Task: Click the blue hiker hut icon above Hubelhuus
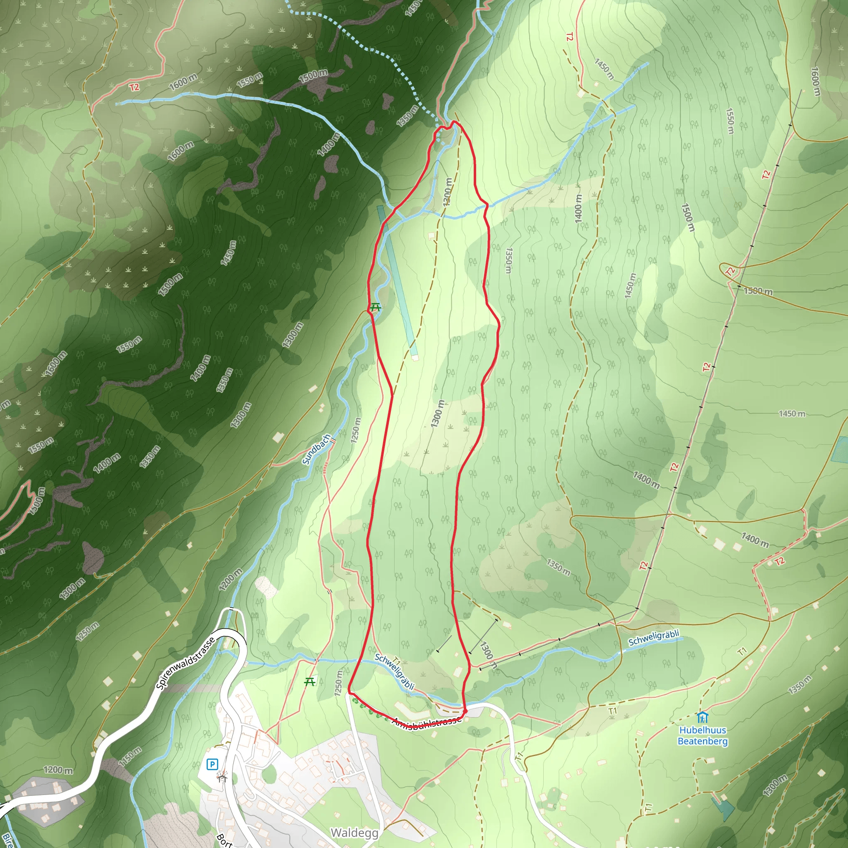click(703, 718)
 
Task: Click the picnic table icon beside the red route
click(374, 307)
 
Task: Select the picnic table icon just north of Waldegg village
click(310, 682)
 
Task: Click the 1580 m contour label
click(758, 291)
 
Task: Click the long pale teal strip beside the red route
click(397, 281)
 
